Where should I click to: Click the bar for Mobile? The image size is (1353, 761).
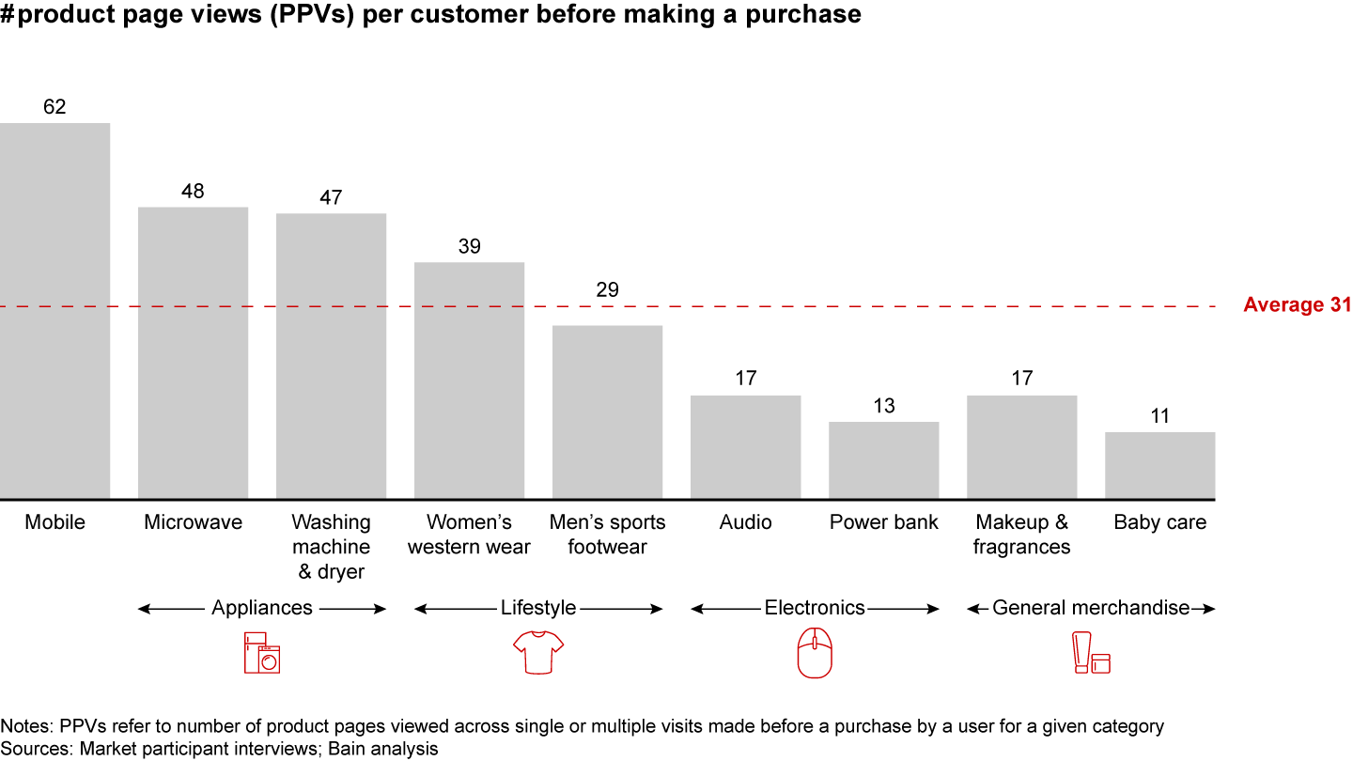(54, 310)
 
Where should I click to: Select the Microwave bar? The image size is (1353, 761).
(193, 352)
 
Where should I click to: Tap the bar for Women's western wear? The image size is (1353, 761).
(469, 380)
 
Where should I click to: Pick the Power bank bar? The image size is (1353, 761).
(883, 460)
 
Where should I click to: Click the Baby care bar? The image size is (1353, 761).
(1159, 465)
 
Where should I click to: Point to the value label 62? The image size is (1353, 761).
(54, 107)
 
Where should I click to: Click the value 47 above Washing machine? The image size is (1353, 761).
(331, 198)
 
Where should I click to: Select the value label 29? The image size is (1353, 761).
(607, 289)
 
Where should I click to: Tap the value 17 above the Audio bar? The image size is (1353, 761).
(745, 379)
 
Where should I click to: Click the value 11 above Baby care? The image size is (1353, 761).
(1159, 416)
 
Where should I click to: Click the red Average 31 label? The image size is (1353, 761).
(1297, 305)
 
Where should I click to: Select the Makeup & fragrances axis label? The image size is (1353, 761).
(1021, 535)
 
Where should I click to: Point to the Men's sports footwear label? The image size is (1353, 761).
(607, 535)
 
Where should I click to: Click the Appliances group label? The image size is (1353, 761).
(262, 608)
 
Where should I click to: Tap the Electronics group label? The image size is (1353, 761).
(815, 608)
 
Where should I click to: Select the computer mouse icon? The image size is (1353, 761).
(815, 653)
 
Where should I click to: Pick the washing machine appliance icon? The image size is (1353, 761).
(262, 653)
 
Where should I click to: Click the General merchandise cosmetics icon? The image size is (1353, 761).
(1092, 653)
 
